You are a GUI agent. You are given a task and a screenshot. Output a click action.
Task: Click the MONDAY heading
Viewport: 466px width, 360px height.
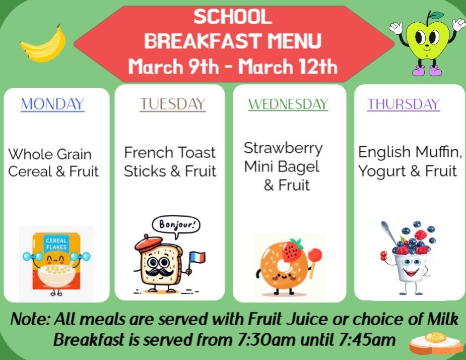52,104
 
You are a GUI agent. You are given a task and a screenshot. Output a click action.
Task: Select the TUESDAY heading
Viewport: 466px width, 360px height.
173,104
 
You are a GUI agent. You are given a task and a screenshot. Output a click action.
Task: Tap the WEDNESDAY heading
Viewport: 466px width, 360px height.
288,104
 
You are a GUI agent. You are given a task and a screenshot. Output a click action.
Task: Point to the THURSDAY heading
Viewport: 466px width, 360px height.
404,104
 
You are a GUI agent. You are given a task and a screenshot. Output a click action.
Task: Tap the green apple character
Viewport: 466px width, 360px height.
428,40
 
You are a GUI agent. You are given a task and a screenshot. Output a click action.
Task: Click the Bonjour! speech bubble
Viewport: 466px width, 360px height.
176,224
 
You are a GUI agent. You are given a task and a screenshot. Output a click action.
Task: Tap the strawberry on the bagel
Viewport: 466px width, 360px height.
293,250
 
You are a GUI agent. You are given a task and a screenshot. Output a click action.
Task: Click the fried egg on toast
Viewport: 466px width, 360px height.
436,341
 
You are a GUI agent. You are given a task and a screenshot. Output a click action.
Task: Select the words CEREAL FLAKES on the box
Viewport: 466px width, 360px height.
56,244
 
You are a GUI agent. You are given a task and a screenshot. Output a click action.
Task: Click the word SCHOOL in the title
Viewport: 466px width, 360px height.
233,17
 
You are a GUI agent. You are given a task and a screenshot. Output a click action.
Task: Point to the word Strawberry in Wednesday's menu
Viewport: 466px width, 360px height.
283,148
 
